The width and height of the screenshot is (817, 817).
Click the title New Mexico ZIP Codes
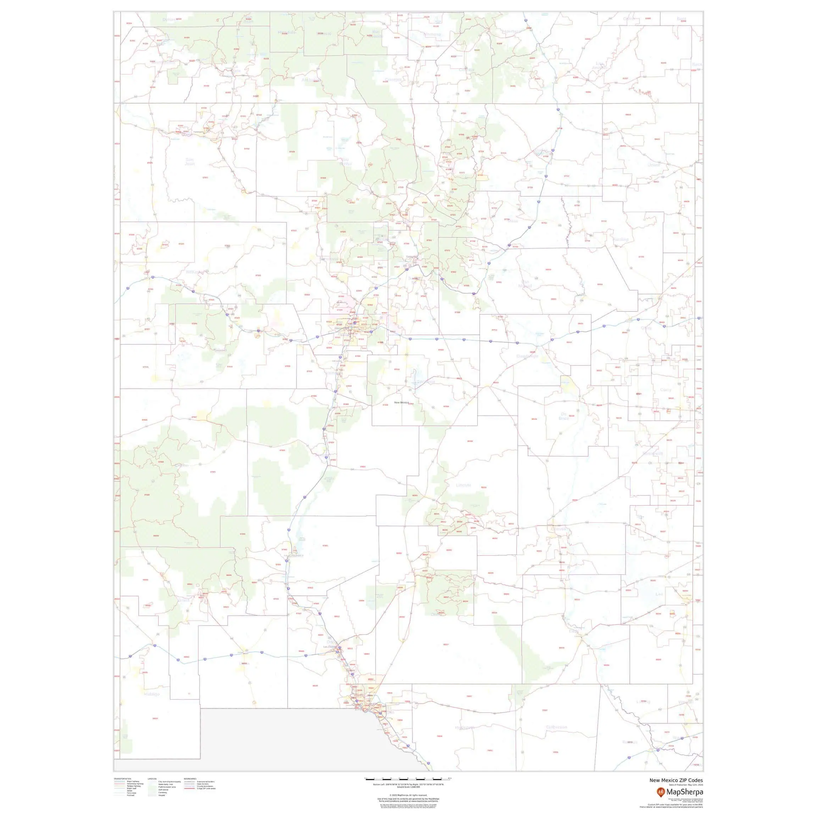pos(676,780)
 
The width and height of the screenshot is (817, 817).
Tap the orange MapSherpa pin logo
pos(661,791)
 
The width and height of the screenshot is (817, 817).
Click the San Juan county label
pos(190,161)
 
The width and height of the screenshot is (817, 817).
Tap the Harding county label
pos(621,239)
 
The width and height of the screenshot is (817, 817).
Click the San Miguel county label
pos(525,284)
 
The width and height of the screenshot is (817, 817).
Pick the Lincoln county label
pos(463,485)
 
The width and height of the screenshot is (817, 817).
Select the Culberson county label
pos(556,727)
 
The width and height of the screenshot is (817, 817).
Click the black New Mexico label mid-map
pos(401,402)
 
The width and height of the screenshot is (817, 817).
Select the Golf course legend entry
pos(163,789)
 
